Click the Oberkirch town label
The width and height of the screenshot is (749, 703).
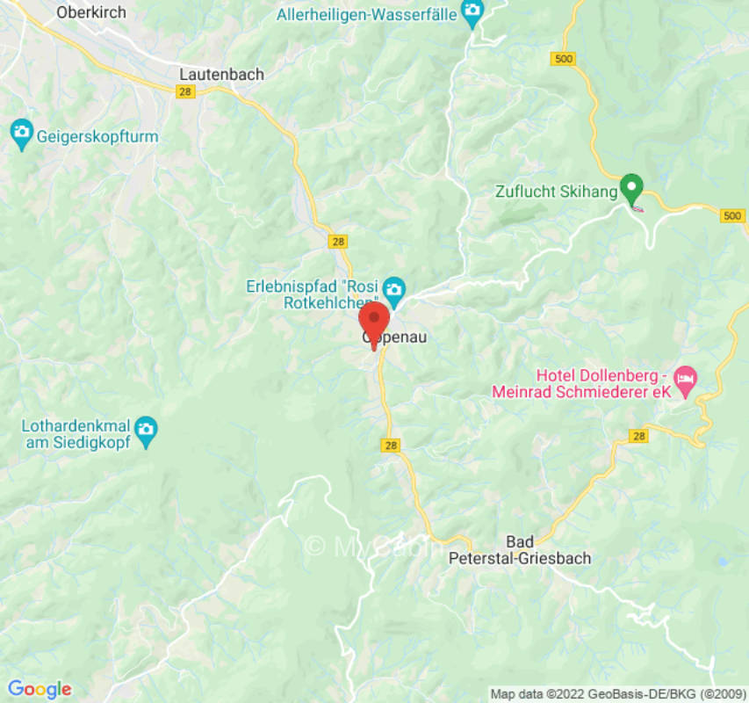pos(90,12)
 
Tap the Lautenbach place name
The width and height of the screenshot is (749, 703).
pos(221,75)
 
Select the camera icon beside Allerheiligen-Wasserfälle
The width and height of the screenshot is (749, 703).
pos(473,11)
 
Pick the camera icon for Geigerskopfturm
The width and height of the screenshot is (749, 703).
pos(20,135)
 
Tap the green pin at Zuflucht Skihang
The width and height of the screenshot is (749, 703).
pos(630,187)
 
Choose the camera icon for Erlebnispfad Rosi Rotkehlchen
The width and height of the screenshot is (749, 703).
pos(395,287)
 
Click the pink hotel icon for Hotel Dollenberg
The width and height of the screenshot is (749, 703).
pos(686,377)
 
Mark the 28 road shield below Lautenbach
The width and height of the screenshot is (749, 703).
pos(184,92)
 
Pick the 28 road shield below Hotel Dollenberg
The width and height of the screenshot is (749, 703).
pos(638,436)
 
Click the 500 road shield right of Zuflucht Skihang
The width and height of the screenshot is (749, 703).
pos(733,215)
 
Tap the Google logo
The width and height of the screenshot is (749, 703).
pos(39,689)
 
